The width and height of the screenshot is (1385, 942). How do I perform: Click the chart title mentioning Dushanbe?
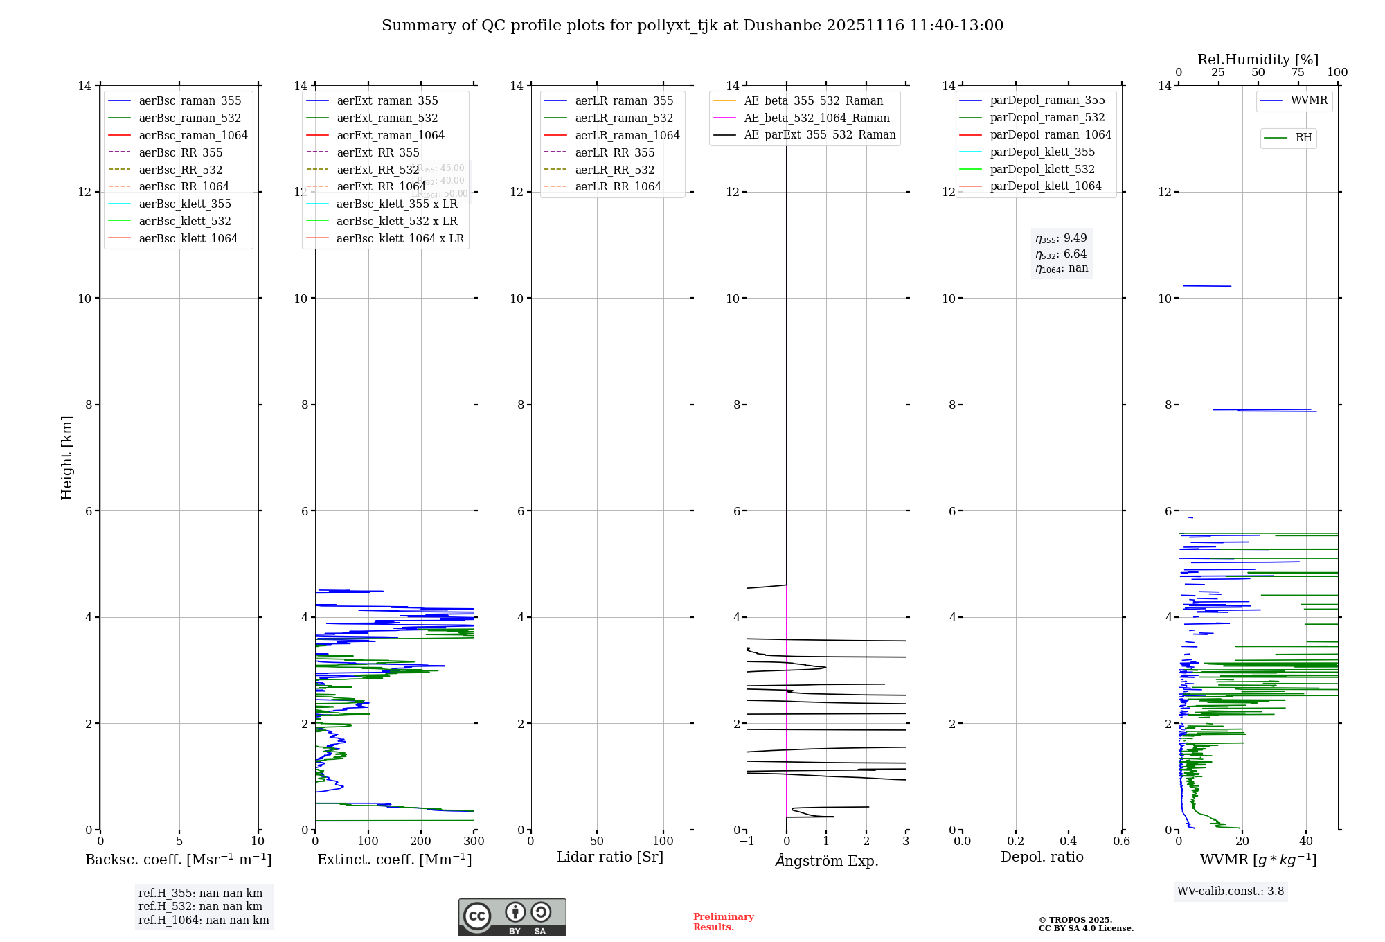coord(692,26)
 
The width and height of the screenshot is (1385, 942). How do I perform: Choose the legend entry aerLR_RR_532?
coord(614,170)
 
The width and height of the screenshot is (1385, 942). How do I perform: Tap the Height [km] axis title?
coord(66,458)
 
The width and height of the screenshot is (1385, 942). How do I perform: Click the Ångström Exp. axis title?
coord(826,860)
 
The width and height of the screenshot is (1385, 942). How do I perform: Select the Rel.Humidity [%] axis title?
coord(1258,60)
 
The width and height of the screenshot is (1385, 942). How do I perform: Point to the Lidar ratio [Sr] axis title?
coord(609,857)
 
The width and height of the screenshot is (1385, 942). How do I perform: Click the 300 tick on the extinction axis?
coord(474,842)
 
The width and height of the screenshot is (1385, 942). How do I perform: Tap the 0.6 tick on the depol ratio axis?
coord(1121,842)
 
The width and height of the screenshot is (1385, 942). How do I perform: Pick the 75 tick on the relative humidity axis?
coord(1298,73)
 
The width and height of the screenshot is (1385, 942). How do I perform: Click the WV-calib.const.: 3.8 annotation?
coord(1230,891)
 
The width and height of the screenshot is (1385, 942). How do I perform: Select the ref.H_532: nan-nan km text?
coord(200,907)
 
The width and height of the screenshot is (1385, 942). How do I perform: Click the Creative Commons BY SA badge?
coord(512,918)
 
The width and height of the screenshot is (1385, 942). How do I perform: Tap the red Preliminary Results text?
coord(723,922)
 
